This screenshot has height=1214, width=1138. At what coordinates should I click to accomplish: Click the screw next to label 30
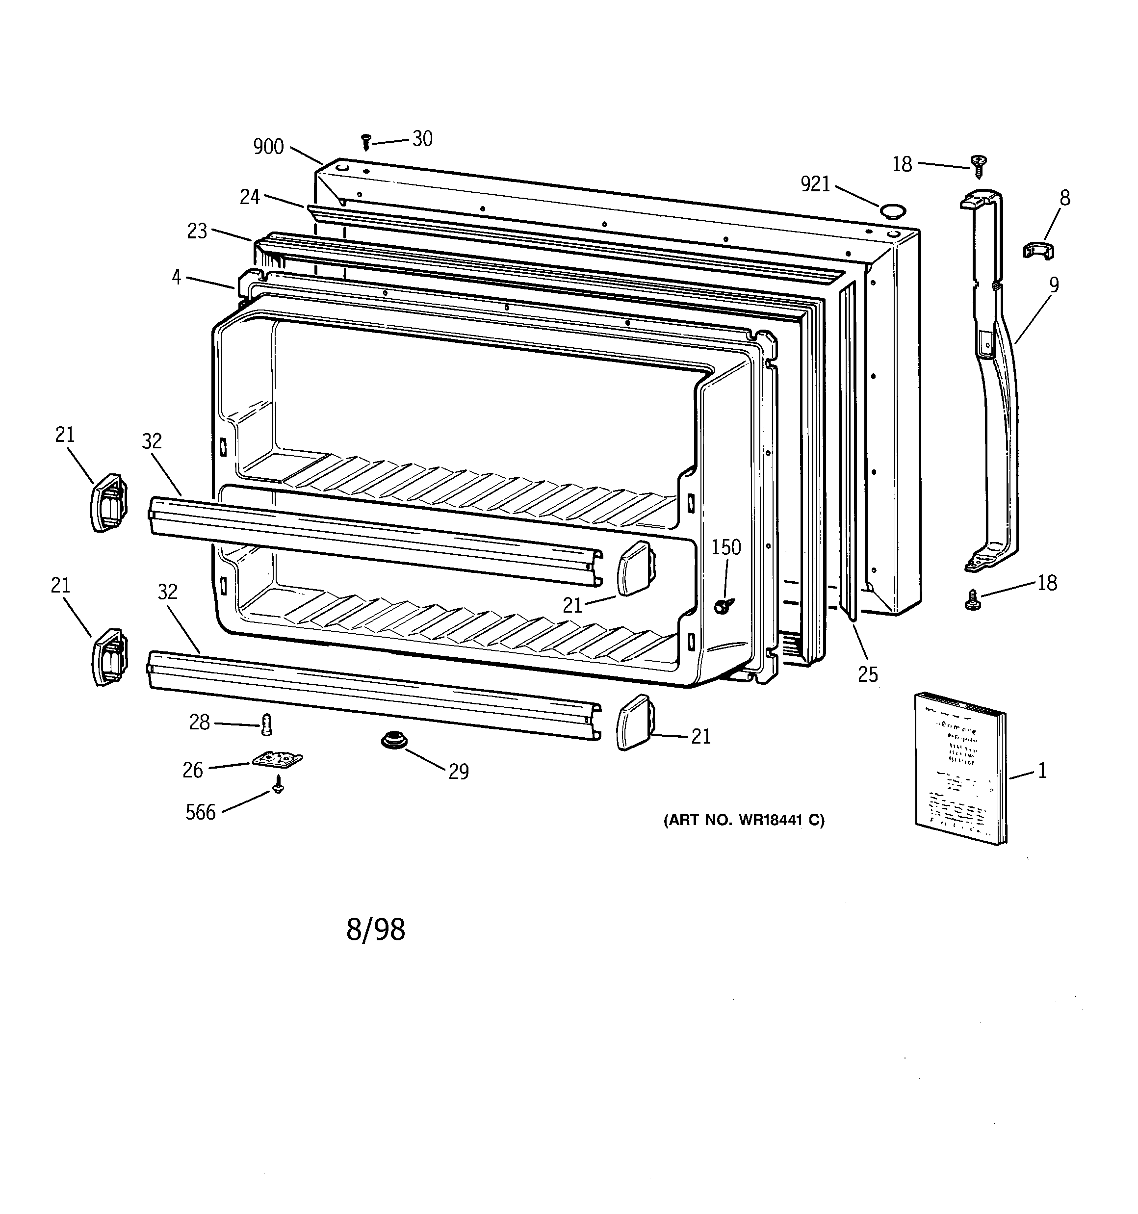click(366, 142)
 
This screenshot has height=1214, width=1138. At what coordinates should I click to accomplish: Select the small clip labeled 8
click(1039, 250)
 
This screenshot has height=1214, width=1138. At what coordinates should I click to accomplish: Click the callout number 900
click(268, 147)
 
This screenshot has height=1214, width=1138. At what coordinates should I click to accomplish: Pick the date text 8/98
click(376, 930)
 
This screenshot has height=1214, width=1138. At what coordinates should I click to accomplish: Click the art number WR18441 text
click(744, 820)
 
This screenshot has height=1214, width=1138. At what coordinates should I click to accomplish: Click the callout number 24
click(249, 197)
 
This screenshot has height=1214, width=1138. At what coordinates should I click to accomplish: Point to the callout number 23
click(197, 231)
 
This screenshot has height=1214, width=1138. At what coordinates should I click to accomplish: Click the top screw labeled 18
click(979, 165)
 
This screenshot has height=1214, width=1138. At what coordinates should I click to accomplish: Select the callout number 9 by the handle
click(1054, 284)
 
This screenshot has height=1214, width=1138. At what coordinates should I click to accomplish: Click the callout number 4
click(177, 277)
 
